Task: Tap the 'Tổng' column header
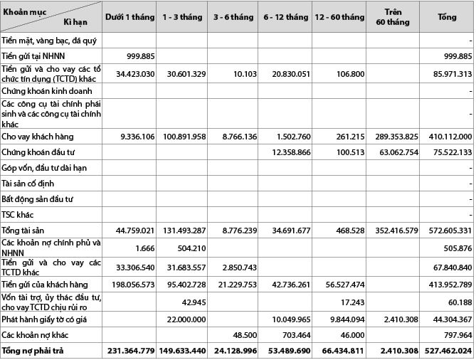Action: (x=447, y=16)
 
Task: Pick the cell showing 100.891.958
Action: (x=184, y=136)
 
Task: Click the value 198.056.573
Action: (x=129, y=284)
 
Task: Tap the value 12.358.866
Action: (x=287, y=152)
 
